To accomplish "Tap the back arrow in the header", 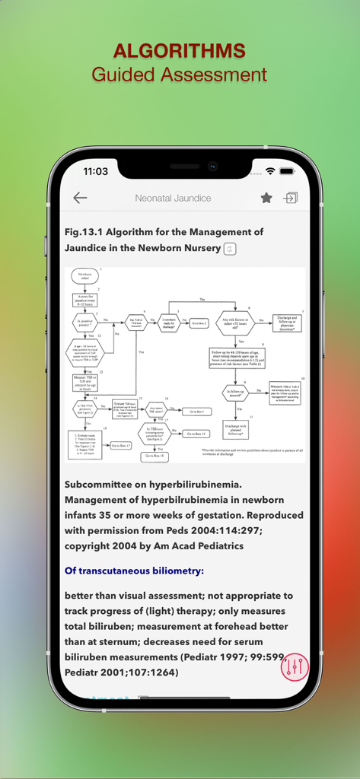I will (x=80, y=198).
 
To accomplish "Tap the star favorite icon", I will (x=266, y=198).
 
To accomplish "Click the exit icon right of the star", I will (x=290, y=198).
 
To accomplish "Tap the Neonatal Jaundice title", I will (x=173, y=198).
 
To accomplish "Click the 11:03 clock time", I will (x=95, y=171).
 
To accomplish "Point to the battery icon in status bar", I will (x=286, y=171).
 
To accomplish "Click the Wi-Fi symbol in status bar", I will (x=269, y=171).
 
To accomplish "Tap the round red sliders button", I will (x=295, y=667).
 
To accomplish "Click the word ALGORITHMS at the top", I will (x=180, y=51).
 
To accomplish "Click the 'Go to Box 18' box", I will (x=153, y=456).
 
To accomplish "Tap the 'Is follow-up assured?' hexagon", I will (x=235, y=393).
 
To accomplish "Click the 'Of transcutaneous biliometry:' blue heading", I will (x=134, y=571).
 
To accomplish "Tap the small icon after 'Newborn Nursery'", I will (x=229, y=248).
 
